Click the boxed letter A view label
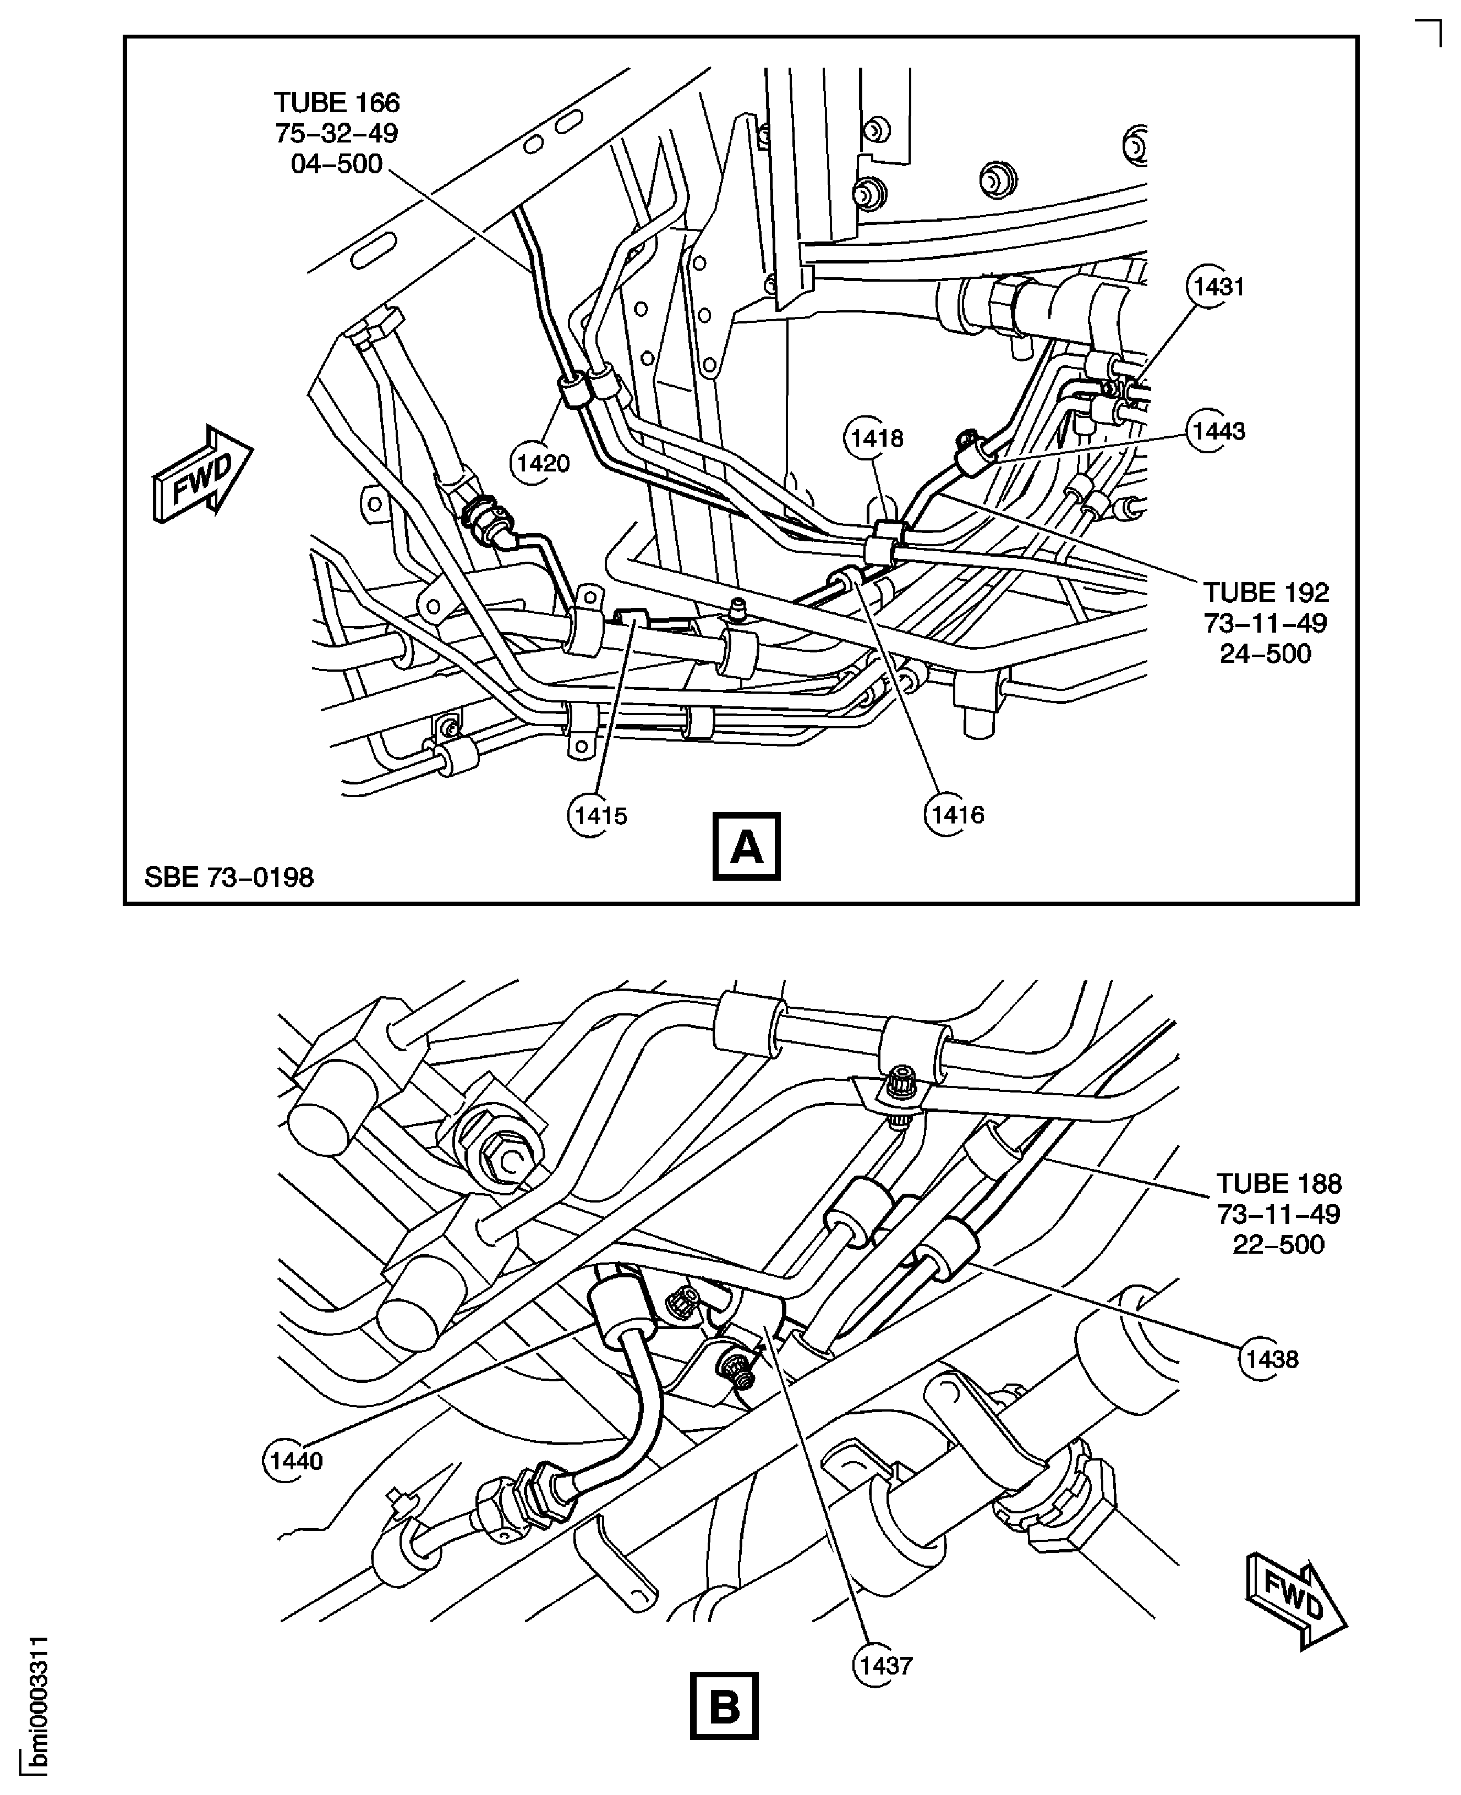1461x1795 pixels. pyautogui.click(x=746, y=846)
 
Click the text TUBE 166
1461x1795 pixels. pyautogui.click(x=337, y=103)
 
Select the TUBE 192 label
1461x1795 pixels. pyautogui.click(x=1266, y=593)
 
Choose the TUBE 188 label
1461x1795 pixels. pyautogui.click(x=1278, y=1184)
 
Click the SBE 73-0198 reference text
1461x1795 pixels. pyautogui.click(x=229, y=877)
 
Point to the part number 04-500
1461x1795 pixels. pyautogui.click(x=337, y=163)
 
